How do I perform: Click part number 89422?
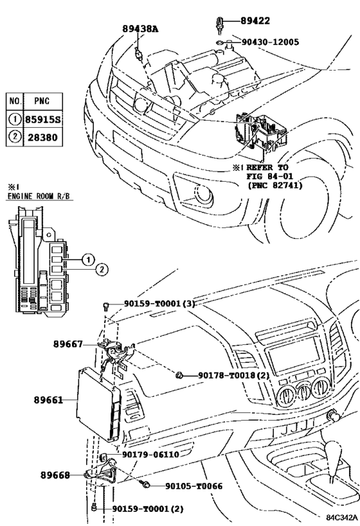pyautogui.click(x=255, y=21)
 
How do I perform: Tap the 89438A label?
pyautogui.click(x=140, y=29)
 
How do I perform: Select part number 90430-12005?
pyautogui.click(x=270, y=42)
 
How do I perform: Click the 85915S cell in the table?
pyautogui.click(x=43, y=119)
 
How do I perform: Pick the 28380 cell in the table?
pyautogui.click(x=42, y=137)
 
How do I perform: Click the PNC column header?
pyautogui.click(x=42, y=101)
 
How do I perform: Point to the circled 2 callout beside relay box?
pyautogui.click(x=102, y=269)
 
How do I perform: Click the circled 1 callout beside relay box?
pyautogui.click(x=88, y=259)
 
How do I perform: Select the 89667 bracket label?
pyautogui.click(x=68, y=344)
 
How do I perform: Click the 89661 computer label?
pyautogui.click(x=48, y=400)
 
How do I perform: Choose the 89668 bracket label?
pyautogui.click(x=55, y=475)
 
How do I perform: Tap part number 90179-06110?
pyautogui.click(x=150, y=455)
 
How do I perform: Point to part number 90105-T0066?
pyautogui.click(x=194, y=486)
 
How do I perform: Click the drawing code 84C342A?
pyautogui.click(x=339, y=517)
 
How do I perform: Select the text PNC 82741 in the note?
pyautogui.click(x=274, y=185)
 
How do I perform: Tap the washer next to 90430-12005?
pyautogui.click(x=219, y=42)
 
